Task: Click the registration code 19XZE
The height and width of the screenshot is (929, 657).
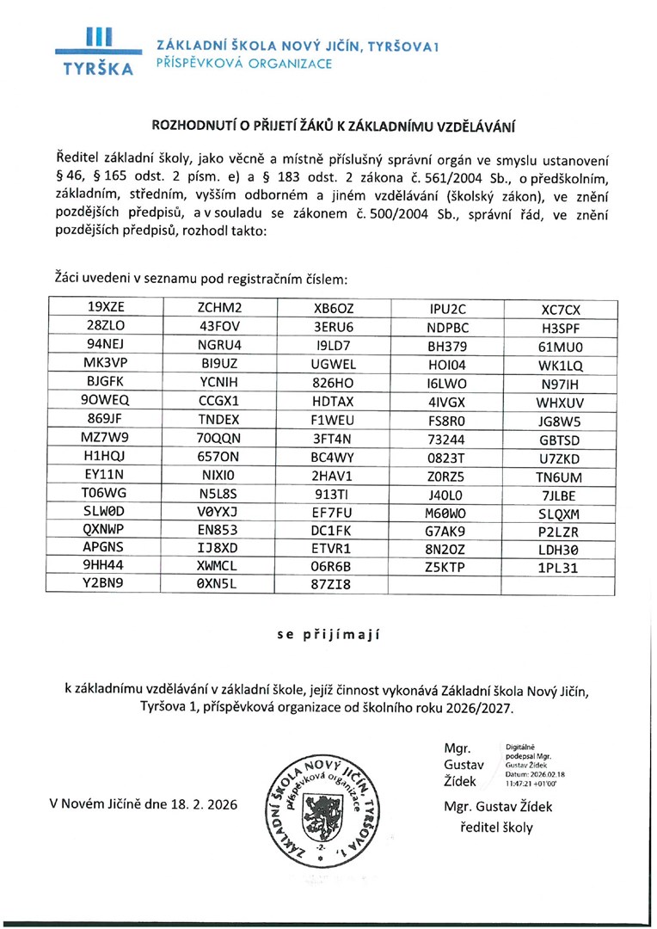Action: tap(106, 307)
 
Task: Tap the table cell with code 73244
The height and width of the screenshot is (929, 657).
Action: tap(446, 437)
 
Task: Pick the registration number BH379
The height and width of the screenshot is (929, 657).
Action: tap(446, 345)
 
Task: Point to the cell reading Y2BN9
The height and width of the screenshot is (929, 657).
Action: tap(106, 585)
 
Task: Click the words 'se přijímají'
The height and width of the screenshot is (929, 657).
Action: tap(328, 636)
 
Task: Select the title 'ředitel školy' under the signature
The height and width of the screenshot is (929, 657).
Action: tap(497, 827)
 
